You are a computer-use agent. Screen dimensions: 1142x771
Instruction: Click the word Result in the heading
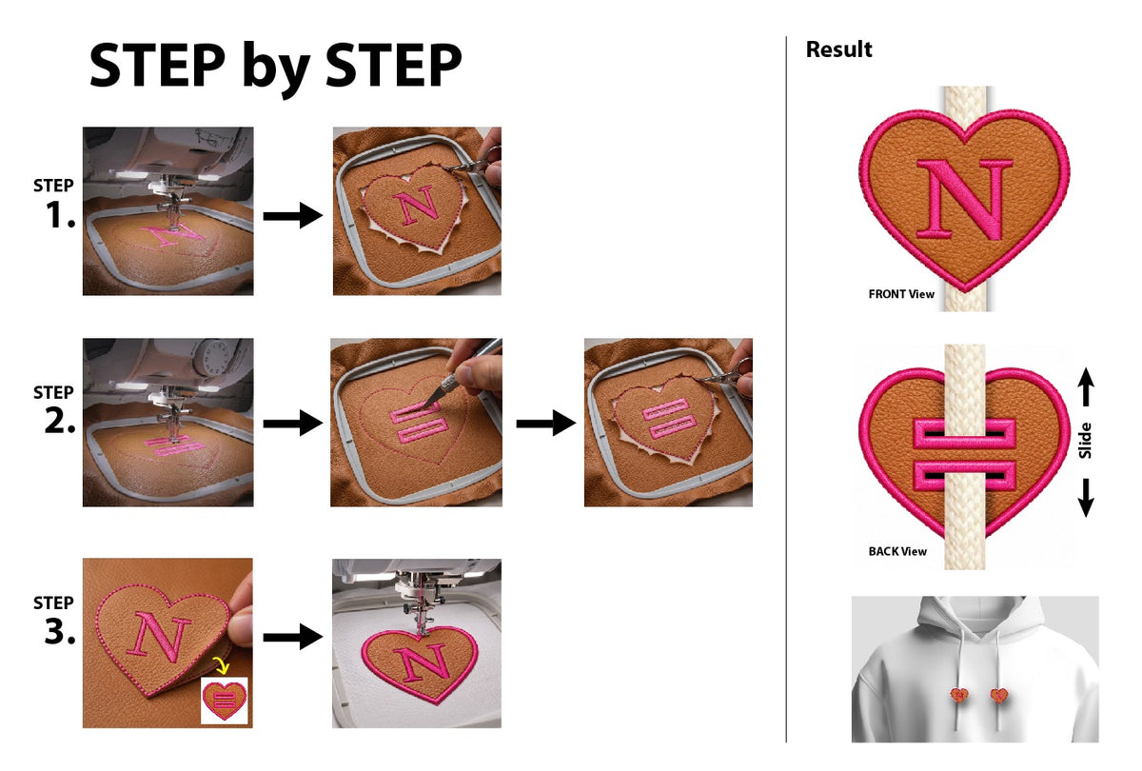(838, 49)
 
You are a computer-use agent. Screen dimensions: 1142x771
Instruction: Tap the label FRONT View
(901, 294)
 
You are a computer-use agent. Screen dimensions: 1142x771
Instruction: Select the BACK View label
(897, 551)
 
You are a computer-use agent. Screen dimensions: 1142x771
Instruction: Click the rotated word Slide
(1086, 441)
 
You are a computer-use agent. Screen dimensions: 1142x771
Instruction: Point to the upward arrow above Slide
(1086, 386)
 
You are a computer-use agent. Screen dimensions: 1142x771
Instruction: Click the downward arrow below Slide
(1086, 498)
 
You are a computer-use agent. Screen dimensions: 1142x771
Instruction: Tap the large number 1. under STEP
(61, 215)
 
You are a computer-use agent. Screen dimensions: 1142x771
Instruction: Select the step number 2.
(60, 421)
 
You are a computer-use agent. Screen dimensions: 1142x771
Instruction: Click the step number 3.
(60, 631)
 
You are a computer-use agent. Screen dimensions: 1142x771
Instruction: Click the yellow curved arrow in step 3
(221, 664)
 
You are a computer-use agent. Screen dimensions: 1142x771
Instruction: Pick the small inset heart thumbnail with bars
(225, 701)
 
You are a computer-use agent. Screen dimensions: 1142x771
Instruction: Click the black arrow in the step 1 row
(293, 215)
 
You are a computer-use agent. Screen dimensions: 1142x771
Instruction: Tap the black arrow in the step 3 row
(293, 637)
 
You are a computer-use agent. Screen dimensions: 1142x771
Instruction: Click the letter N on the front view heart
(965, 199)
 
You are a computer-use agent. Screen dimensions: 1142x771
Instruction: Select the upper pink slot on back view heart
(964, 434)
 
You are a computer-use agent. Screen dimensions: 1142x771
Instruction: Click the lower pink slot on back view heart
(964, 475)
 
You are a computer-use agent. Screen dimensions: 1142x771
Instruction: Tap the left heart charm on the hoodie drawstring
(959, 695)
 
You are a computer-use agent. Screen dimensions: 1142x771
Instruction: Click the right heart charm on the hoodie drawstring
(998, 695)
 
